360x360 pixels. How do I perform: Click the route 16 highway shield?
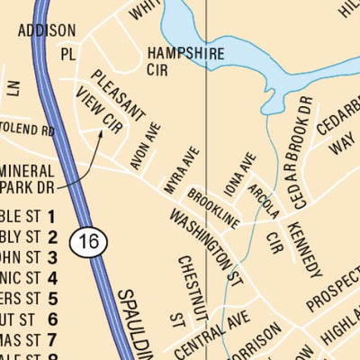point(87,240)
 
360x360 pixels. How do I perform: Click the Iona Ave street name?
point(235,175)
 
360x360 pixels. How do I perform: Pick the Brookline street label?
point(213,208)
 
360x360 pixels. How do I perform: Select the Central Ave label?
point(209,334)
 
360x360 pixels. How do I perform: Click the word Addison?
point(47,31)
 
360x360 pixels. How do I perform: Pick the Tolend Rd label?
point(27,130)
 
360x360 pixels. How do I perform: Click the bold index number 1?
point(52,216)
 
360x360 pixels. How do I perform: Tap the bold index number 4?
point(52,278)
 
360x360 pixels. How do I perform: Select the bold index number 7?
point(52,339)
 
